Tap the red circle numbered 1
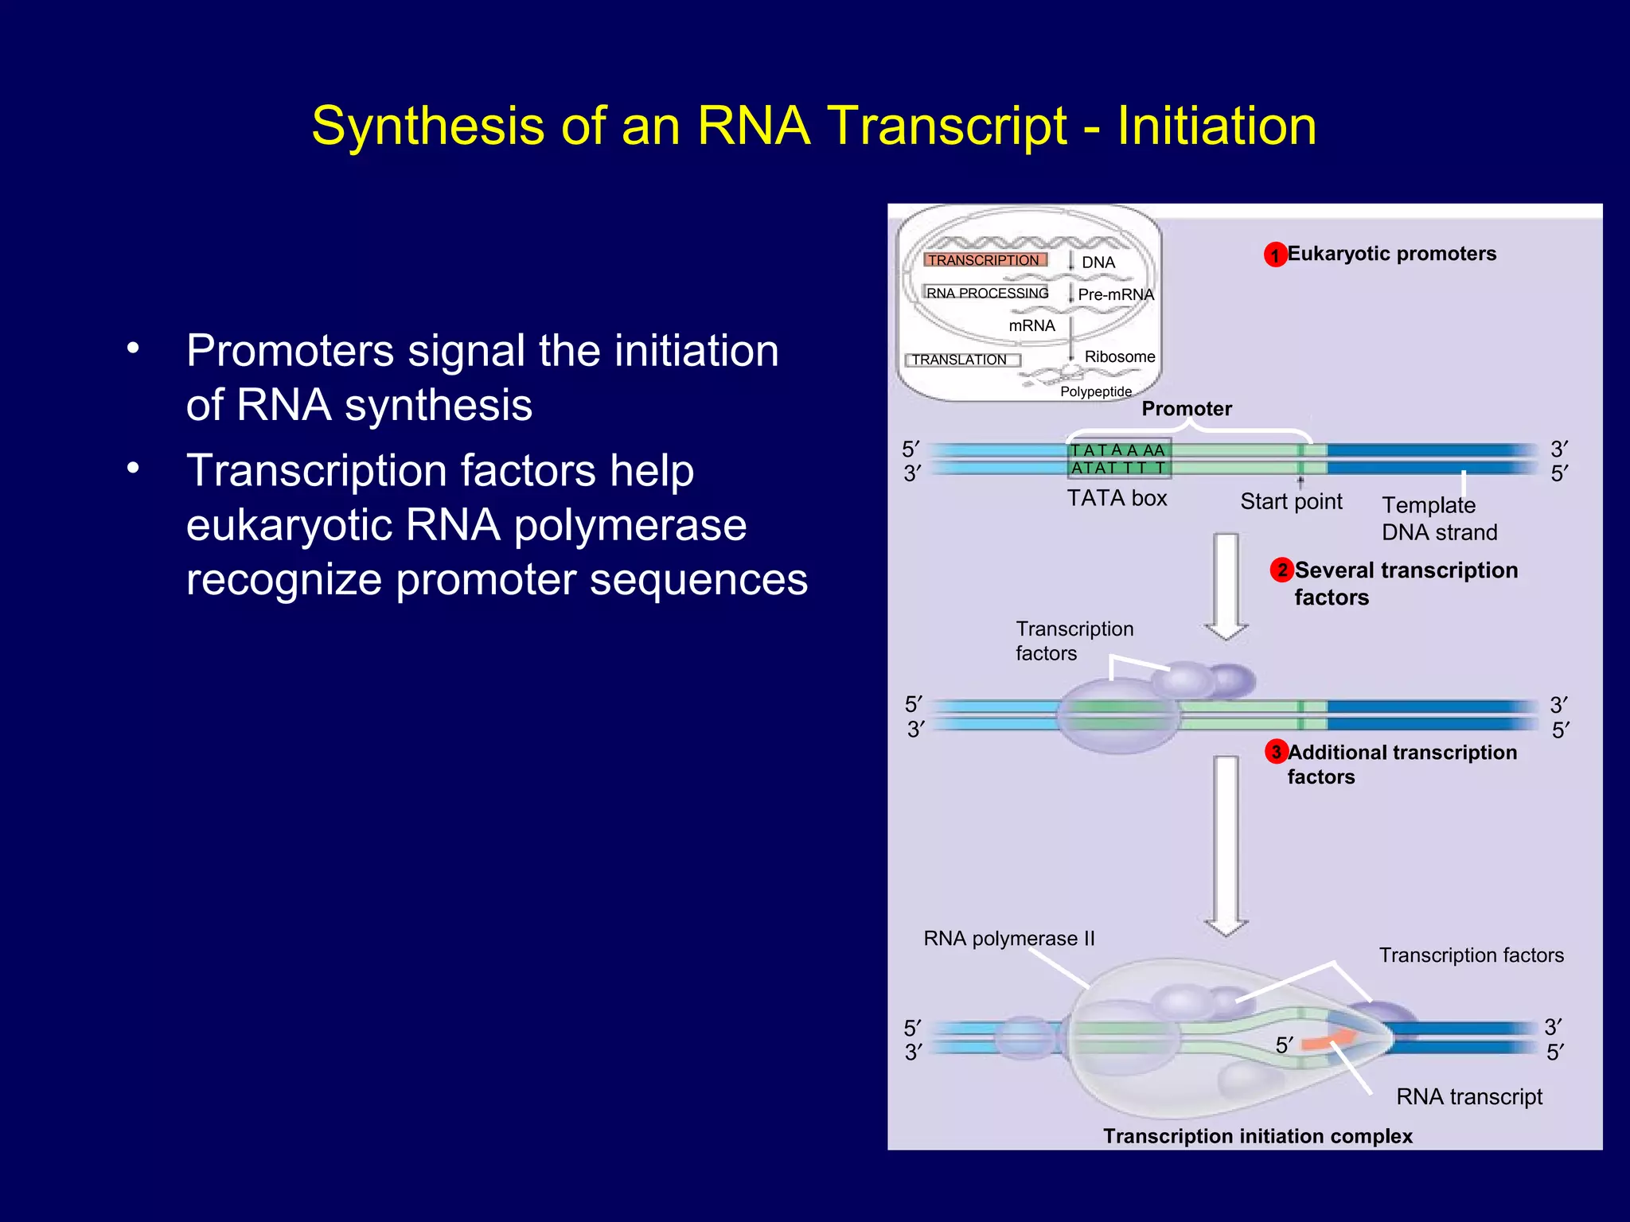tap(1275, 255)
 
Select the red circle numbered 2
tap(1281, 570)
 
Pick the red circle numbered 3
tap(1276, 752)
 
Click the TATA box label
tap(1117, 498)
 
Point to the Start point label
tap(1291, 501)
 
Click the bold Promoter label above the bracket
tap(1186, 409)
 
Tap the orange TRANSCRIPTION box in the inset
tap(985, 260)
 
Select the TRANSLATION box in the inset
tap(962, 360)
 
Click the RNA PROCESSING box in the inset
tap(987, 293)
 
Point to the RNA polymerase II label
tap(1008, 939)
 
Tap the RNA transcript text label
tap(1468, 1096)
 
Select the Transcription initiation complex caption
tap(1258, 1136)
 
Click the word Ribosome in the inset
tap(1119, 356)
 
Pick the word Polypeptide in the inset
tap(1095, 391)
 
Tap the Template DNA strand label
tap(1439, 519)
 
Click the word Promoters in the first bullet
tap(290, 351)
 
